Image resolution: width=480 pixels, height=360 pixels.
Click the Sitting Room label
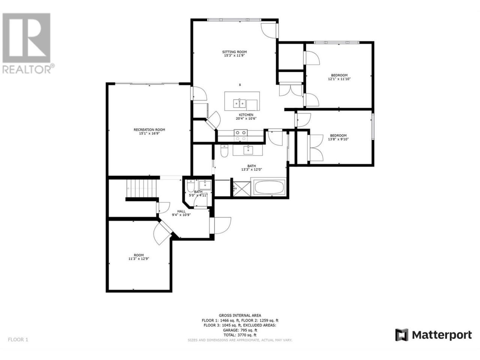[234, 52]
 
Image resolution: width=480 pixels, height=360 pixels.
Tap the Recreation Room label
[149, 130]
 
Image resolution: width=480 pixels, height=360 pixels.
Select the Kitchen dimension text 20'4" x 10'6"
[246, 118]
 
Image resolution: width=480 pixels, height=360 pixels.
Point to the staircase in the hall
[141, 188]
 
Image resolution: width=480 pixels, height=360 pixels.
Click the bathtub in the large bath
[269, 187]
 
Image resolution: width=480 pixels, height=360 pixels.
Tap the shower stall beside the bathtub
[241, 188]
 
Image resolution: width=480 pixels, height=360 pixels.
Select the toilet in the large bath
[224, 151]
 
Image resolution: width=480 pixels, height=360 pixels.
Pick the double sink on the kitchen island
[240, 103]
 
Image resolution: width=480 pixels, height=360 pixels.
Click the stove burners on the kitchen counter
[240, 135]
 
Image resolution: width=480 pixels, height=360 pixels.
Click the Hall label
[181, 211]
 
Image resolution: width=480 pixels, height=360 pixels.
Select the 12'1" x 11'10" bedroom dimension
[339, 79]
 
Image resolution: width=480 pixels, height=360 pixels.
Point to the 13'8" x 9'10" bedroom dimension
[338, 139]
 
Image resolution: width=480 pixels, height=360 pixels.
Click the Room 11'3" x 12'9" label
[139, 257]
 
